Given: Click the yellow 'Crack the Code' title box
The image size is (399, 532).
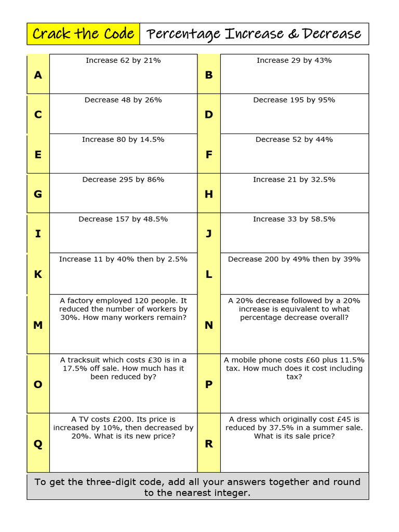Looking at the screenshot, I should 83,34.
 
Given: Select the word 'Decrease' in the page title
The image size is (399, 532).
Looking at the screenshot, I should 331,34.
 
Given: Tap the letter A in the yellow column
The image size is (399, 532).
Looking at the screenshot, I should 38,75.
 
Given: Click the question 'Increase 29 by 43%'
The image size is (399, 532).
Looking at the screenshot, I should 294,60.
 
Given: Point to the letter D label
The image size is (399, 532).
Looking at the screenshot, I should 209,114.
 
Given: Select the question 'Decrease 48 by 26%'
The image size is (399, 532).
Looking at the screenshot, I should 123,100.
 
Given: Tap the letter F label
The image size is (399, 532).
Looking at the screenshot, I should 209,154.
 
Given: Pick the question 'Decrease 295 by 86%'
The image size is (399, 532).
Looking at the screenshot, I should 123,179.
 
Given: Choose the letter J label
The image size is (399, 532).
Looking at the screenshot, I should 209,233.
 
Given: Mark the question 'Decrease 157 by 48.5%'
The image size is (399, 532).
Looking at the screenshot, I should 123,219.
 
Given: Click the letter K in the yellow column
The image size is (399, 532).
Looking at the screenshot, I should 38,274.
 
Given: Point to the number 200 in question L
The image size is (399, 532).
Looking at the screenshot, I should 272,259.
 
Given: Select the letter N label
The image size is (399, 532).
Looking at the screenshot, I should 209,325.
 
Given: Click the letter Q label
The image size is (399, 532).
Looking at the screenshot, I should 38,444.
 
